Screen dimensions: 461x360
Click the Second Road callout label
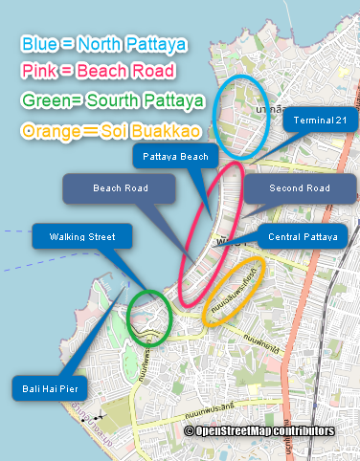pos(299,188)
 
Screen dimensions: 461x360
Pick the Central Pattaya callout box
pos(302,236)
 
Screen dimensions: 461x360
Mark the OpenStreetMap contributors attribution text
pos(259,431)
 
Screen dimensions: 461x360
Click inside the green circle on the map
pos(149,315)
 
